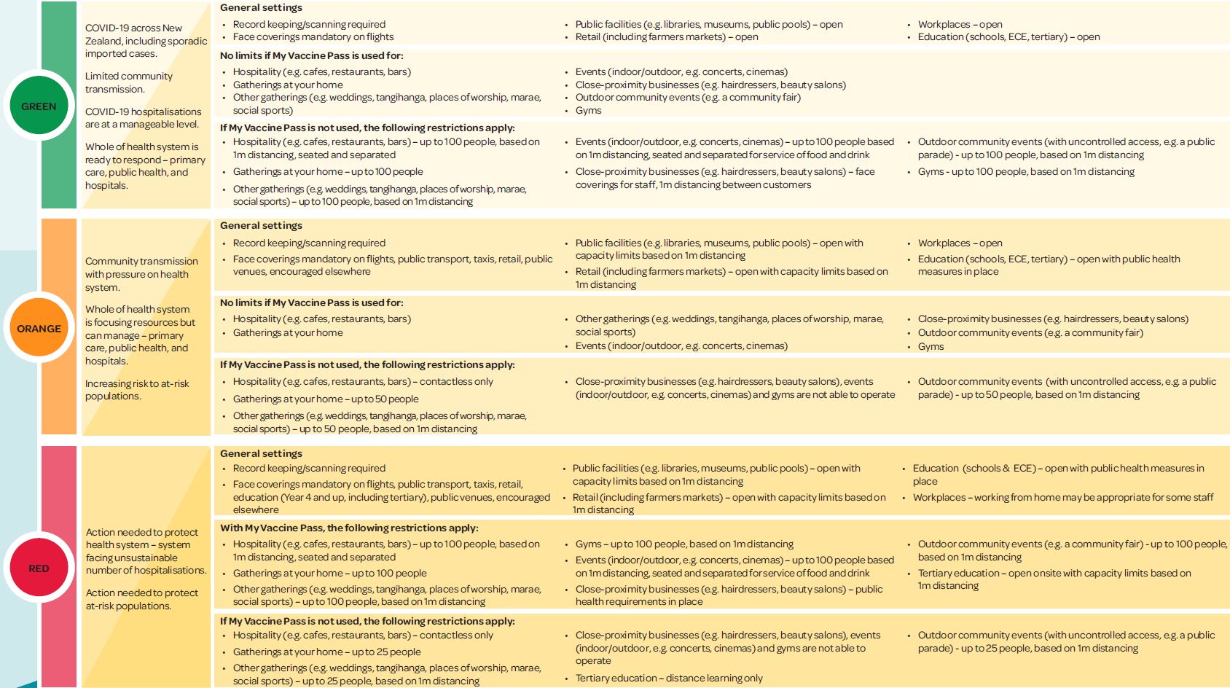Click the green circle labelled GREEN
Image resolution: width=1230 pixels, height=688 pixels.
(x=39, y=106)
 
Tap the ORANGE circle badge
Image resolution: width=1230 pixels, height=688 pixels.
(x=39, y=329)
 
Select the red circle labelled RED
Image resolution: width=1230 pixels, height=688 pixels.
(x=39, y=568)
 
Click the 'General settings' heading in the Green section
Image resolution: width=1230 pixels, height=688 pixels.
(x=261, y=7)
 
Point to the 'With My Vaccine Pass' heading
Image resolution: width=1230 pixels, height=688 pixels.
(x=349, y=528)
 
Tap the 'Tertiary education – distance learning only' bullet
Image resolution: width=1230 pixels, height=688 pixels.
(x=668, y=678)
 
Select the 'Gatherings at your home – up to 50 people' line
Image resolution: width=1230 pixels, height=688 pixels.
(x=325, y=399)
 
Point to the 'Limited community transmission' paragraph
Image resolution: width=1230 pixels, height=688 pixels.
(x=129, y=82)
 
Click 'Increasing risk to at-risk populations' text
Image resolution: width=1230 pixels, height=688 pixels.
(x=137, y=389)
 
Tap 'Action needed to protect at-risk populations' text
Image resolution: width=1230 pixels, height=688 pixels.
(x=142, y=599)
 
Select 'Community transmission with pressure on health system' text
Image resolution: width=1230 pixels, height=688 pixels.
(x=141, y=274)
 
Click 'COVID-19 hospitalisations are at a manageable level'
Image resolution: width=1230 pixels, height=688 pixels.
(x=143, y=117)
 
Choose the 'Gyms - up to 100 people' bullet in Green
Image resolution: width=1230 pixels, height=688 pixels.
(x=1025, y=171)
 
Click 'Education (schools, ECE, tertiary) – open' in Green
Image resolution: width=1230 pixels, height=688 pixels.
(x=1008, y=36)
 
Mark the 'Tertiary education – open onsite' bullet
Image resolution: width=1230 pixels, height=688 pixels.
(x=1054, y=579)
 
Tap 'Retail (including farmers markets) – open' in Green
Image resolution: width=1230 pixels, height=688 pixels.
(x=666, y=36)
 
